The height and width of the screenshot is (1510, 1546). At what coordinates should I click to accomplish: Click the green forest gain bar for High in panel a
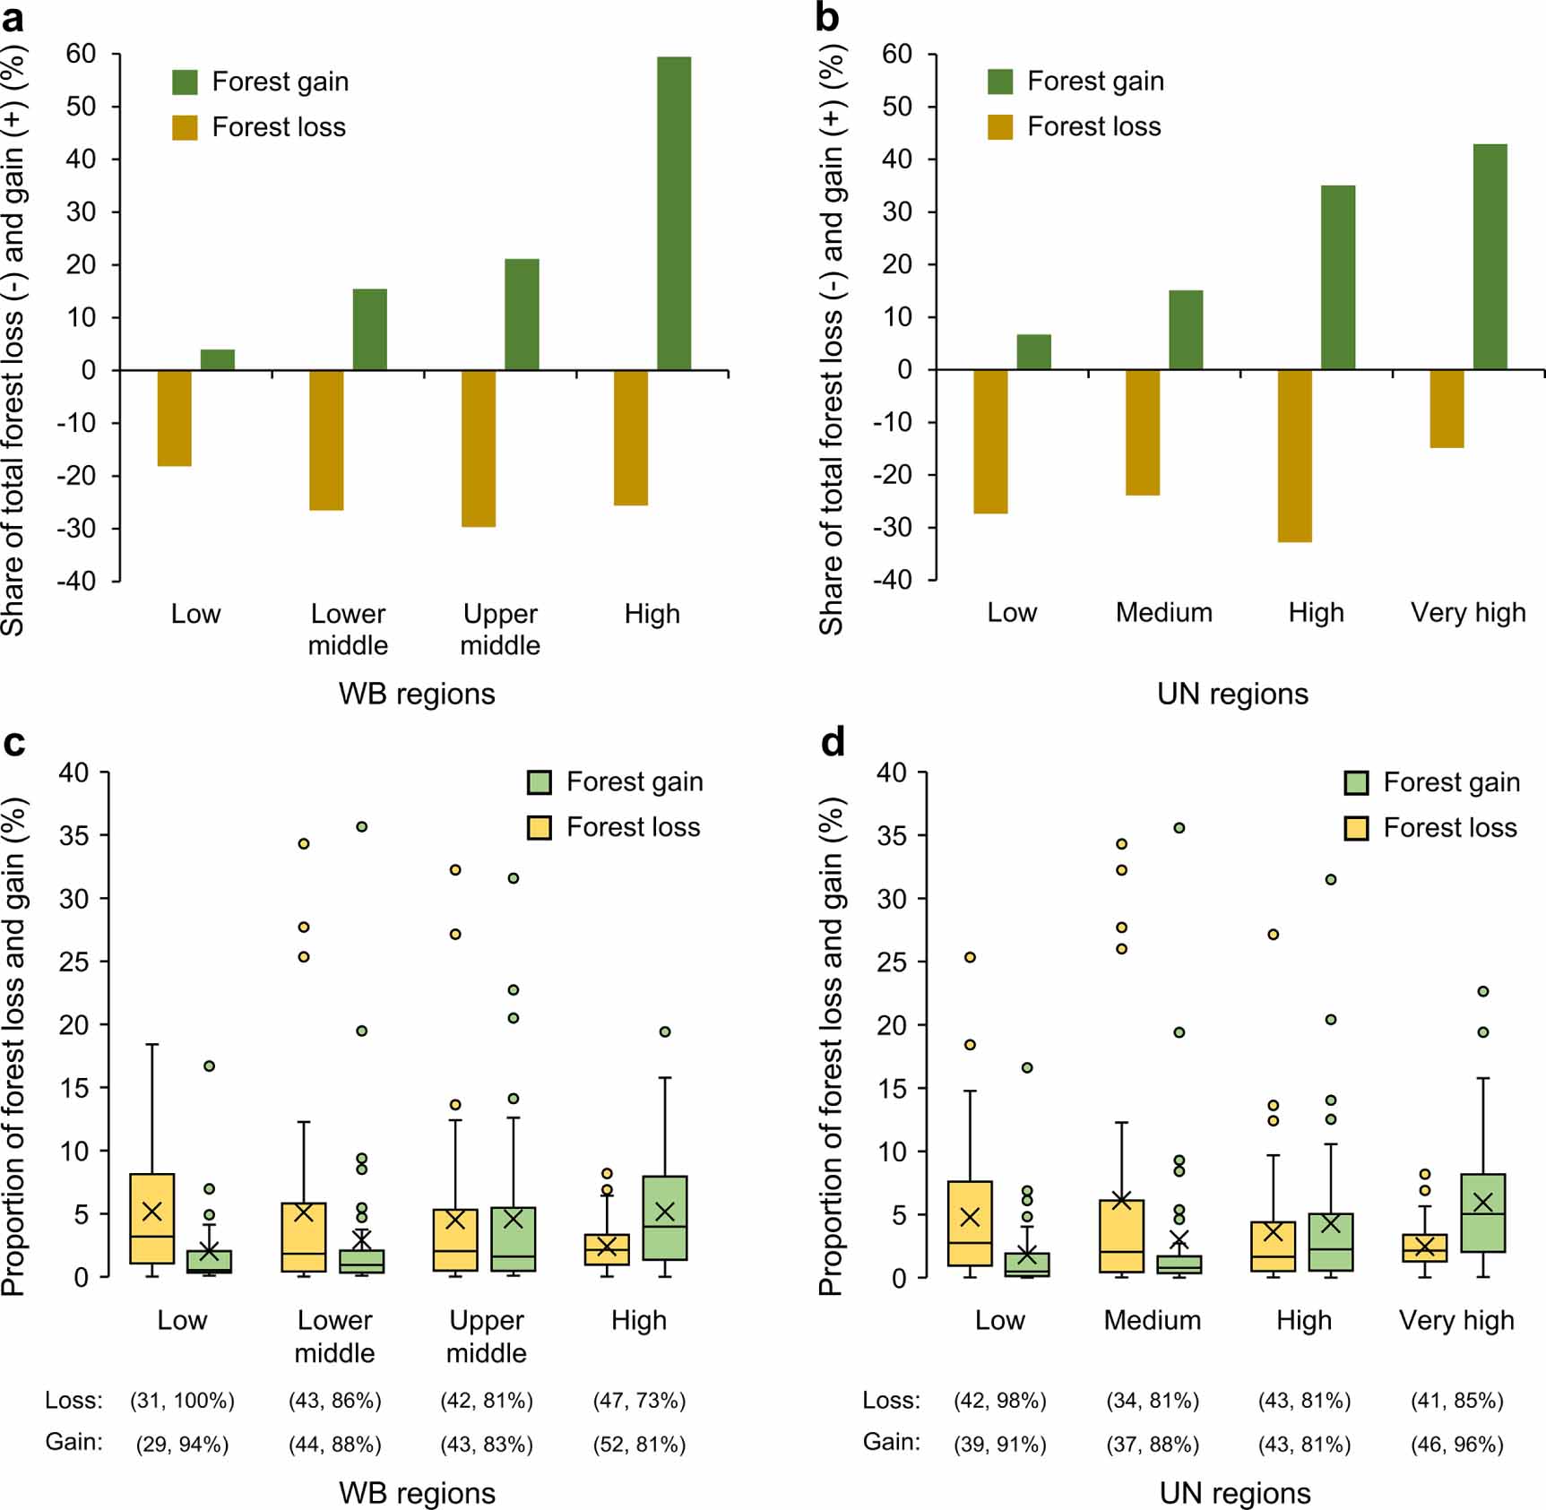(x=673, y=213)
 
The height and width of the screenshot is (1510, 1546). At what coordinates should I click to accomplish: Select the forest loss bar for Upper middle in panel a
(x=479, y=448)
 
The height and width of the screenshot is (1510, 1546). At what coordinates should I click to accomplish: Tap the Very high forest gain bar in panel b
(x=1490, y=256)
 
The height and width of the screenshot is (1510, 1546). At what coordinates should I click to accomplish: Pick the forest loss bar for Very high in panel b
(x=1447, y=409)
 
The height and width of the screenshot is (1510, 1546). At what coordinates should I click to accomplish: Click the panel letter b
(x=827, y=18)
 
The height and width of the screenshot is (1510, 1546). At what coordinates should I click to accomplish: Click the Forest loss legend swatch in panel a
(x=185, y=127)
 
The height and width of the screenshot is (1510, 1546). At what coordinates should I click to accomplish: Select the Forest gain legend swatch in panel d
(x=1356, y=782)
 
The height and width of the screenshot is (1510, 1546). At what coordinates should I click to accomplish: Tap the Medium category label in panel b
(x=1163, y=613)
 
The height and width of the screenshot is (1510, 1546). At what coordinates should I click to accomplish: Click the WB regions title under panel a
(x=417, y=694)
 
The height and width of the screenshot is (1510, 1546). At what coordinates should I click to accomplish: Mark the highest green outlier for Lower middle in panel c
(x=361, y=826)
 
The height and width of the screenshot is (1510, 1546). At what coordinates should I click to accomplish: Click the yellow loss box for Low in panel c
(x=152, y=1219)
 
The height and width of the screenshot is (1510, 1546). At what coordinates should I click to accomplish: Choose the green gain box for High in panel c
(x=665, y=1217)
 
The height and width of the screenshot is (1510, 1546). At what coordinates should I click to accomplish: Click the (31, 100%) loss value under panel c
(x=182, y=1400)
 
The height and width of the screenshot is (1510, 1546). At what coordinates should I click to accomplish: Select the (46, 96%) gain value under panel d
(x=1456, y=1444)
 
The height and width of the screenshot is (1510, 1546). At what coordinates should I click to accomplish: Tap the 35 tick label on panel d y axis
(x=891, y=835)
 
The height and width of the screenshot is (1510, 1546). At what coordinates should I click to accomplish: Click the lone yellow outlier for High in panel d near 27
(x=1273, y=934)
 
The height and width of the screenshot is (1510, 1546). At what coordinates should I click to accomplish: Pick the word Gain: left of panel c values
(x=74, y=1442)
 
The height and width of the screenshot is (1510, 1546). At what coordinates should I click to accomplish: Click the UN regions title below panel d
(x=1234, y=1493)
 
